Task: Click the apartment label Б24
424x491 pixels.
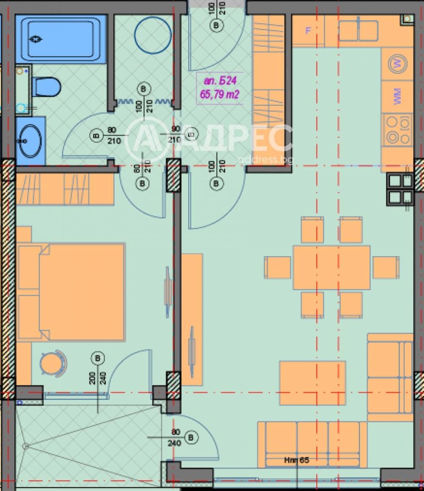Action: [x=219, y=81]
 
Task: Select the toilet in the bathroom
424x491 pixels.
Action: [x=46, y=86]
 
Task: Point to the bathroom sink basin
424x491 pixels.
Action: [x=30, y=141]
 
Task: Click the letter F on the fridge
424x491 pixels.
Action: [x=308, y=30]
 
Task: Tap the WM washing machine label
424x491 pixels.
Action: [x=397, y=95]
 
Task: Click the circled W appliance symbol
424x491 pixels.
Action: [x=397, y=64]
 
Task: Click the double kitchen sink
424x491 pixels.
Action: [x=358, y=31]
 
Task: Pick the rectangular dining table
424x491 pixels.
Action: [x=332, y=267]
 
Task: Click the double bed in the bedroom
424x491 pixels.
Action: [x=70, y=291]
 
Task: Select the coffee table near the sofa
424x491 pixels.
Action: [x=312, y=382]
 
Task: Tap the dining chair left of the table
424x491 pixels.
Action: [x=278, y=267]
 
